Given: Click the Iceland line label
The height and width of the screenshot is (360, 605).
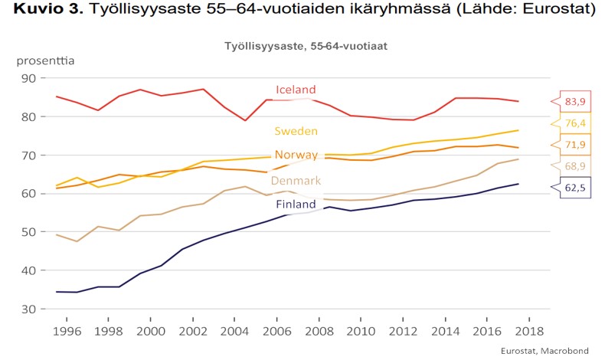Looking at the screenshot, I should point(296,90).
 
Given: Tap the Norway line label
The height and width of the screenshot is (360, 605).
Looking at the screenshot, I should point(296,155).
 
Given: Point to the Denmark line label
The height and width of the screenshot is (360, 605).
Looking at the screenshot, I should point(296,181).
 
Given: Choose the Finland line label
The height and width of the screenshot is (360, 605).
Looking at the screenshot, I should point(296,205).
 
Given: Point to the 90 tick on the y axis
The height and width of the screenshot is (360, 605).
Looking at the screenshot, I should point(28,78).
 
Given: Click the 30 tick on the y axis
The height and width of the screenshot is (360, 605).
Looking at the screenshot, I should point(28,309).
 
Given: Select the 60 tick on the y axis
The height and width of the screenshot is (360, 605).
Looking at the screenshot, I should point(28,194).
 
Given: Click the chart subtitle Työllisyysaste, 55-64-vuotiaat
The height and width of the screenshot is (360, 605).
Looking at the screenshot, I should point(306,46).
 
